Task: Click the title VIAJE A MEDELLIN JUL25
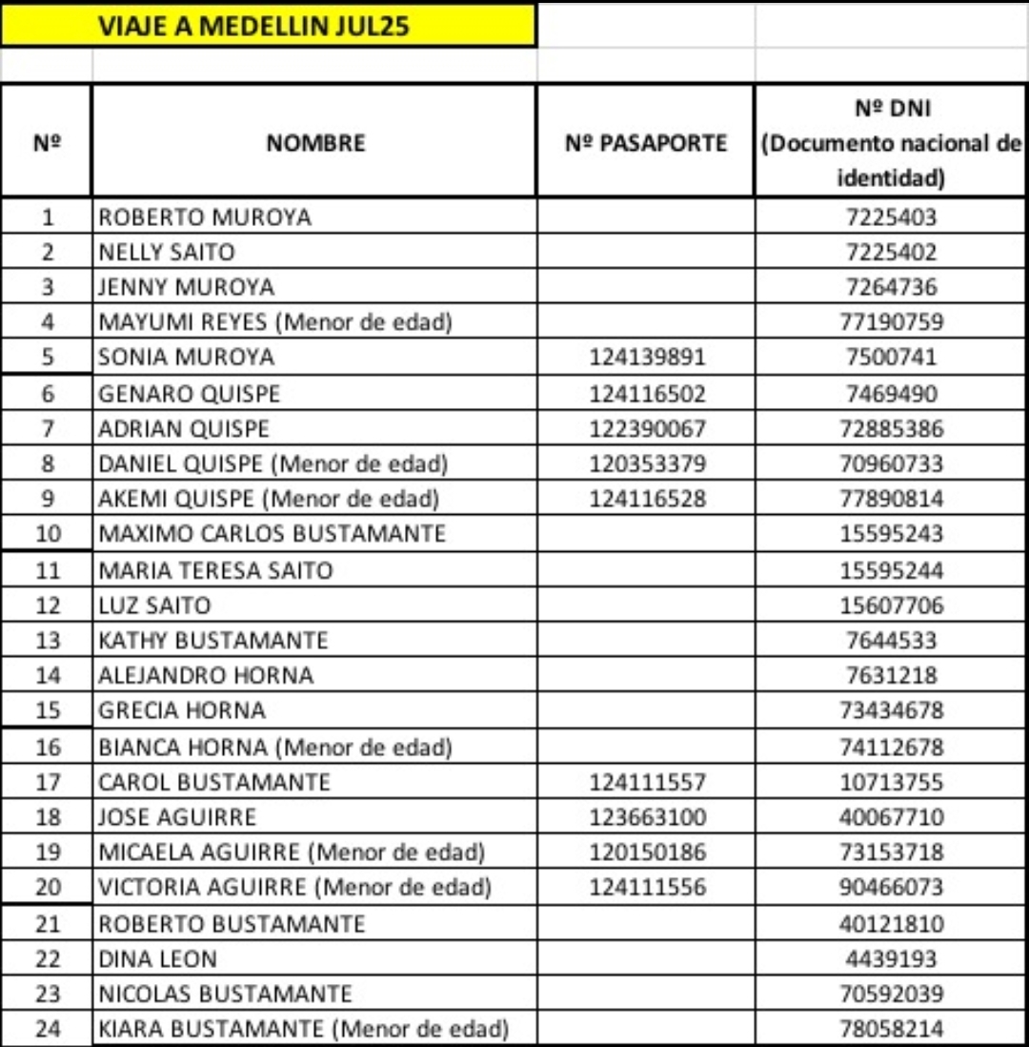(253, 26)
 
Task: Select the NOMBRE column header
(315, 143)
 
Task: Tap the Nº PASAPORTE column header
(646, 143)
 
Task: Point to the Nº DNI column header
(892, 143)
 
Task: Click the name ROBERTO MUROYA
(205, 217)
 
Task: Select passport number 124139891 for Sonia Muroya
(648, 358)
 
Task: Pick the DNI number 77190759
(892, 322)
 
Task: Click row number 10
(48, 533)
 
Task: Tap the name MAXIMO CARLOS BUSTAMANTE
(272, 533)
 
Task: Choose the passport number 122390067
(648, 428)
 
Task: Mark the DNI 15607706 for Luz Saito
(892, 606)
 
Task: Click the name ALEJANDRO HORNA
(206, 675)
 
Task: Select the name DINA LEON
(158, 958)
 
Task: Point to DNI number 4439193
(892, 958)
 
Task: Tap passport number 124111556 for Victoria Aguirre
(648, 888)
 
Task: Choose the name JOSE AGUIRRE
(177, 817)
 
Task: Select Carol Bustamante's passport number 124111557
(648, 783)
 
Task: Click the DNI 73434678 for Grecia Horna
(892, 710)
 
